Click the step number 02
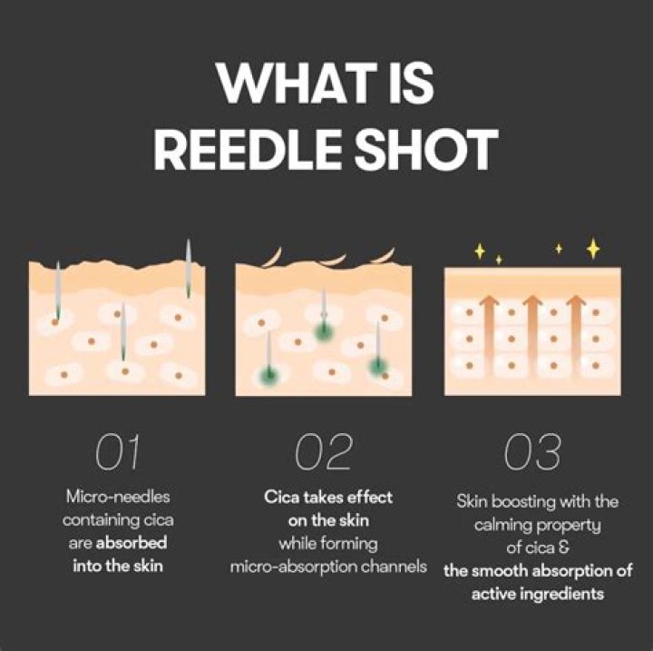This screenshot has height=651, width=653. pyautogui.click(x=326, y=453)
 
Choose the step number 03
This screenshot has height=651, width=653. pyautogui.click(x=534, y=453)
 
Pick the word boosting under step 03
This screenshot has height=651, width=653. pyautogui.click(x=525, y=501)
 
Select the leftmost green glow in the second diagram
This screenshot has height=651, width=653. pyautogui.click(x=269, y=374)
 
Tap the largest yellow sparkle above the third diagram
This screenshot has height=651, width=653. pyautogui.click(x=593, y=247)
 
